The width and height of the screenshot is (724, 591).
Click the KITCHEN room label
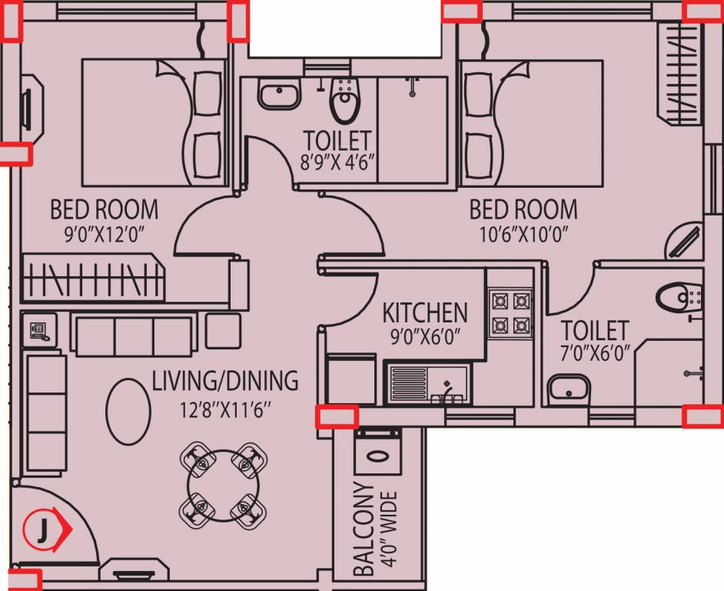425,312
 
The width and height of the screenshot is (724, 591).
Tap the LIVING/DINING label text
224,380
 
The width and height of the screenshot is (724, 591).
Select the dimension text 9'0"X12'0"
105,234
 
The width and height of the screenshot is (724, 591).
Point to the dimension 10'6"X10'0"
523,234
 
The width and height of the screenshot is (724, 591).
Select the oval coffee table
128,409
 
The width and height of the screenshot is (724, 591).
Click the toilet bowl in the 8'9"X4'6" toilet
344,101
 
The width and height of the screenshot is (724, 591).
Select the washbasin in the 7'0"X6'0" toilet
568,387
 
